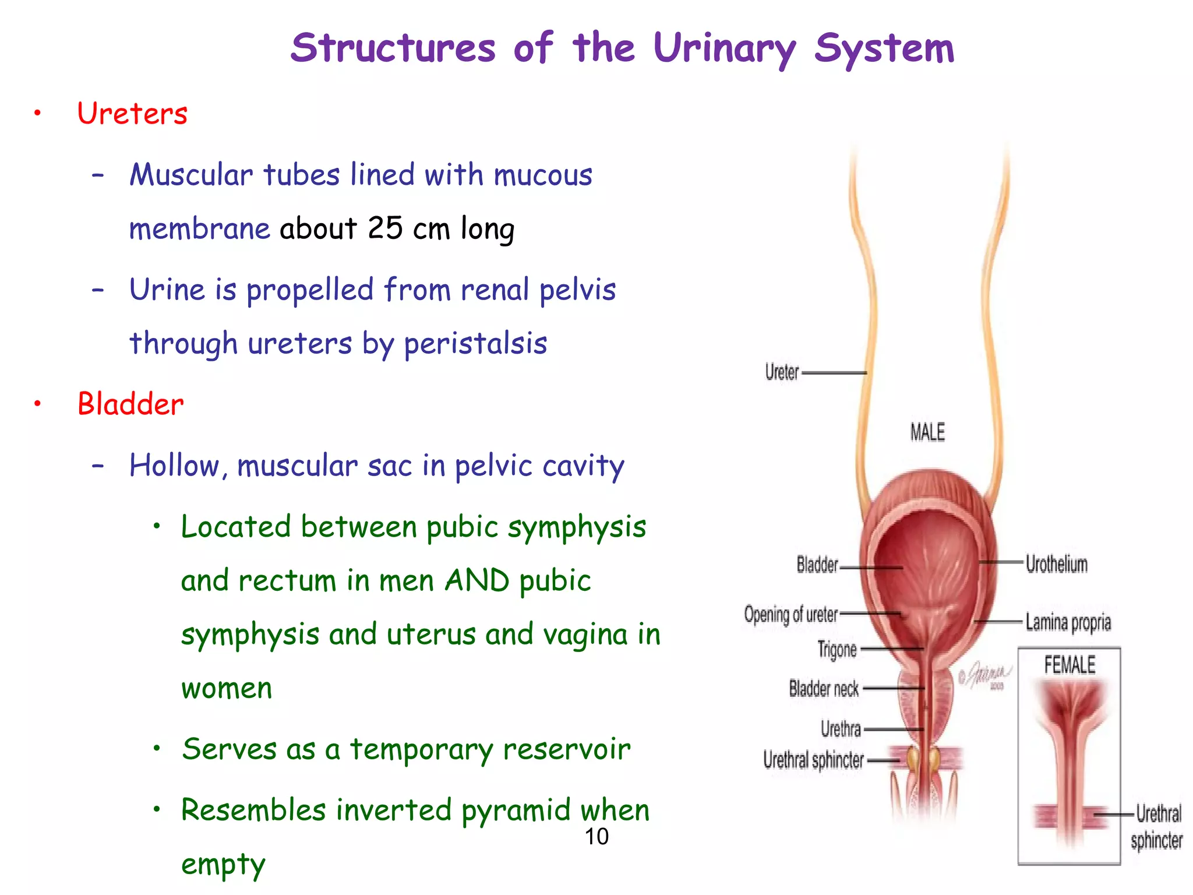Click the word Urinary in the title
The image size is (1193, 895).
(x=724, y=49)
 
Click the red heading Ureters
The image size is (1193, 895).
(x=132, y=113)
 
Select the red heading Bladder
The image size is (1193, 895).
(x=130, y=404)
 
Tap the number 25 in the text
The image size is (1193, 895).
(x=385, y=228)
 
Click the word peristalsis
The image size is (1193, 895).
(x=475, y=343)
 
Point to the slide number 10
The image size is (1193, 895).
(x=596, y=837)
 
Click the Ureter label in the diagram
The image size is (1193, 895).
(x=782, y=372)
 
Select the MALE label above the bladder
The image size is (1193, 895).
(x=927, y=432)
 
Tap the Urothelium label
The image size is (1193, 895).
(x=1056, y=564)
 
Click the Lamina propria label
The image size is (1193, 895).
(x=1068, y=622)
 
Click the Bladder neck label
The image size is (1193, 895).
(x=824, y=689)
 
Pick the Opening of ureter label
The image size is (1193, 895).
(x=790, y=615)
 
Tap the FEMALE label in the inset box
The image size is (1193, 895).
(x=1069, y=665)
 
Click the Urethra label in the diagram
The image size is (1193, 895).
(x=841, y=729)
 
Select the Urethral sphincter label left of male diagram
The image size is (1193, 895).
(x=813, y=760)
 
